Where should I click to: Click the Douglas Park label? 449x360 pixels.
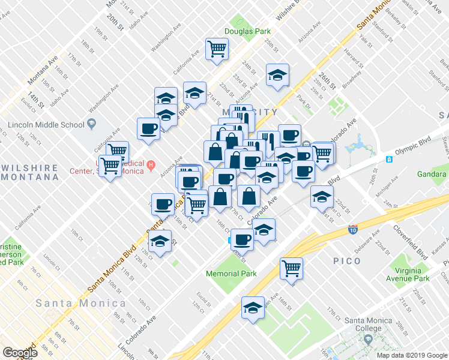(x=244, y=31)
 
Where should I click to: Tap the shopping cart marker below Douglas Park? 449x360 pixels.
(x=217, y=49)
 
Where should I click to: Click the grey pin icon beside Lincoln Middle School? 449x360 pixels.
(x=92, y=124)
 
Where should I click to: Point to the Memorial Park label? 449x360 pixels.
(x=231, y=274)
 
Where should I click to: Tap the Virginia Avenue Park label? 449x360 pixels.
(x=408, y=274)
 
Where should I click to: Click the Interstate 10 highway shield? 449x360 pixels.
(x=353, y=229)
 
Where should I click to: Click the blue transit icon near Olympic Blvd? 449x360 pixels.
(x=389, y=160)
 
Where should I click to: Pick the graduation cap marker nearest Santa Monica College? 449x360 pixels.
(x=253, y=308)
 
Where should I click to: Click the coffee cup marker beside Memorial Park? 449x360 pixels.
(x=242, y=240)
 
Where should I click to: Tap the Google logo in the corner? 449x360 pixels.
(x=19, y=353)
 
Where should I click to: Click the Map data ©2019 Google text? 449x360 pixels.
(x=411, y=355)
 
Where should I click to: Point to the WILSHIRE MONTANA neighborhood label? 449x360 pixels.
(x=30, y=172)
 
